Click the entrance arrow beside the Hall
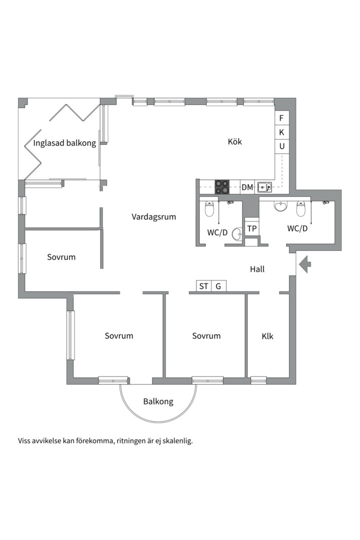point(305,264)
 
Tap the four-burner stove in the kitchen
point(222,187)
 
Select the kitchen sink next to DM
point(264,186)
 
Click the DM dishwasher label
point(247,187)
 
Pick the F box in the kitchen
point(282,118)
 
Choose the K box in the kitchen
point(282,132)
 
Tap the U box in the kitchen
point(282,146)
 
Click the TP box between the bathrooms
point(252,228)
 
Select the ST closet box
point(203,286)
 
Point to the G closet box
point(218,286)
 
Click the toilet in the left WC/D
point(209,208)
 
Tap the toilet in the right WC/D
point(300,208)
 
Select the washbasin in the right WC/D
point(281,205)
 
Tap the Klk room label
point(267,336)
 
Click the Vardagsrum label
point(153,217)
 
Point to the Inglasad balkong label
point(64,143)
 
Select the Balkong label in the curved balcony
point(158,401)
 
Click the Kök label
point(235,141)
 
